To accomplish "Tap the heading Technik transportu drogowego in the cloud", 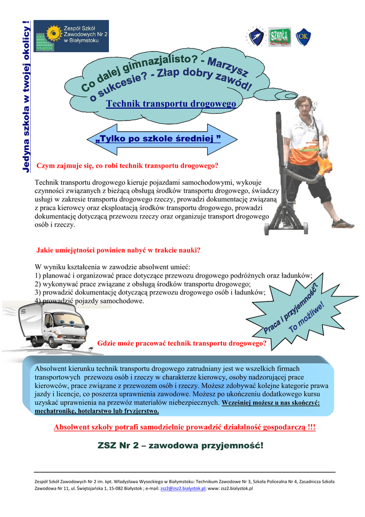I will click(x=171, y=104).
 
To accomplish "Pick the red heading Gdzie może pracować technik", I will click(x=181, y=343).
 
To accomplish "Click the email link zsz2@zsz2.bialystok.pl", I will click(x=182, y=489).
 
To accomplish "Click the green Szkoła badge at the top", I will click(x=278, y=36).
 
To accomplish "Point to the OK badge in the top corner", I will click(x=303, y=37).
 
